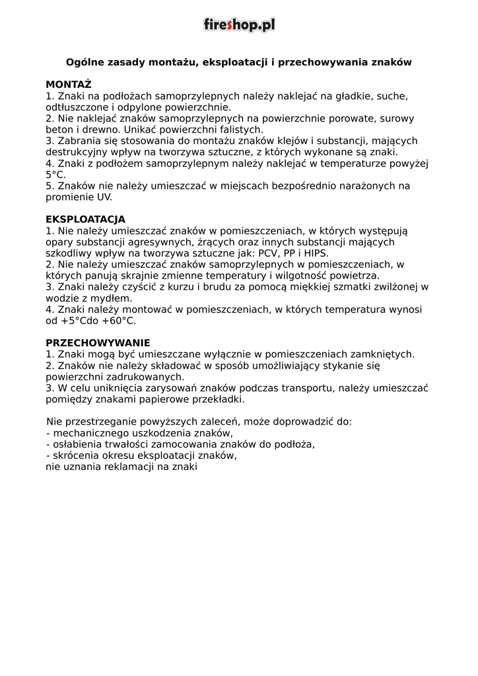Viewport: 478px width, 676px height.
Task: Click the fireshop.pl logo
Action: (x=238, y=25)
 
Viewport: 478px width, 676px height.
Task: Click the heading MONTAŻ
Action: (x=69, y=84)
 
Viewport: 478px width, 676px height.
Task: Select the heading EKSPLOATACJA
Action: (x=85, y=219)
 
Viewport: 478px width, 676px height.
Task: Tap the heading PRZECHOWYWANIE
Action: (x=98, y=343)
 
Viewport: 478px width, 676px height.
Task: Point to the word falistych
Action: (x=237, y=129)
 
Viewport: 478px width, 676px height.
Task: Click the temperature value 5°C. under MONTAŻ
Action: (x=56, y=174)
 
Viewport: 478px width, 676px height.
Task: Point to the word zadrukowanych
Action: (x=141, y=376)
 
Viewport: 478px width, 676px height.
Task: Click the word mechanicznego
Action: (x=92, y=432)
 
